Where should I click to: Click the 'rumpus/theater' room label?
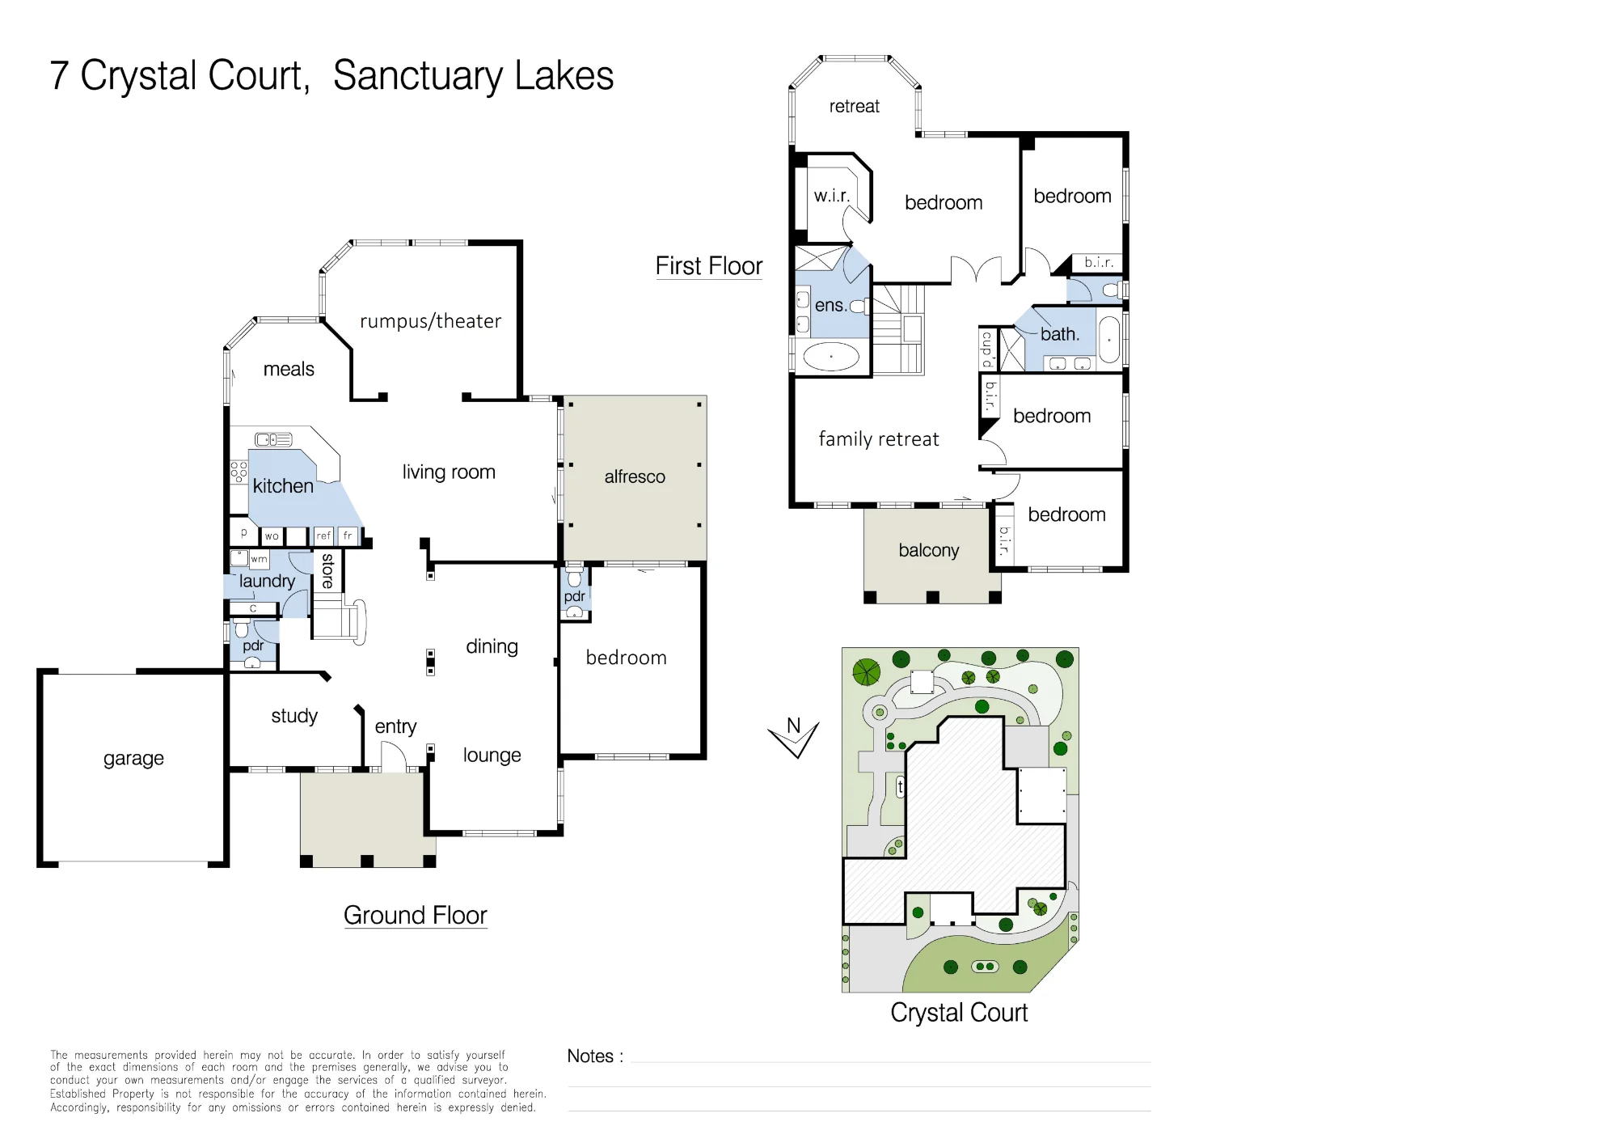(x=430, y=321)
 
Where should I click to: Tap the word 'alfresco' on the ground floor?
(x=635, y=476)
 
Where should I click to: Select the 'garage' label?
(x=133, y=759)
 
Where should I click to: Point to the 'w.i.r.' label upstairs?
(x=832, y=196)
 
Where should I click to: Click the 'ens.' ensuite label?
(x=831, y=306)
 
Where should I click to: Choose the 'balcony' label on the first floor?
(x=929, y=550)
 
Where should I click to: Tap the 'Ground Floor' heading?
(x=416, y=915)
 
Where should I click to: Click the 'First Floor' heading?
(x=709, y=265)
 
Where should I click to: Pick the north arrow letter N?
(x=794, y=726)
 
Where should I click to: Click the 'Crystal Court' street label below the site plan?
(x=959, y=1013)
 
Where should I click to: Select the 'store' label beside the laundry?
(x=327, y=570)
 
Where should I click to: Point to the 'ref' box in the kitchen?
(x=323, y=536)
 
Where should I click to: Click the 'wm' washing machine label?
(x=259, y=559)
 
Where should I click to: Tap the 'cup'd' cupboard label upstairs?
(x=987, y=349)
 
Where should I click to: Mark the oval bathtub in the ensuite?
(x=831, y=356)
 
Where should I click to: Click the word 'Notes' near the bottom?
(x=590, y=1056)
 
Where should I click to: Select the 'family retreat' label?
(x=879, y=439)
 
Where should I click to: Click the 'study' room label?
(x=294, y=716)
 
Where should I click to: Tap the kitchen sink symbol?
(x=273, y=439)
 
